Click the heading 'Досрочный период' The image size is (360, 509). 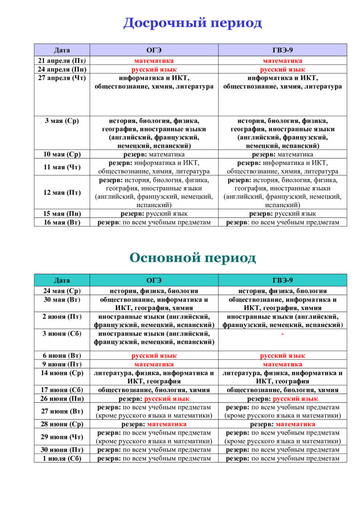tap(192, 23)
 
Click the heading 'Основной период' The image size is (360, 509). tap(192, 257)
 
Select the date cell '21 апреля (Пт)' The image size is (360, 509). tap(62, 61)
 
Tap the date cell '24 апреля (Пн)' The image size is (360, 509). tap(62, 70)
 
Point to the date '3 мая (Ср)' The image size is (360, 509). tap(62, 120)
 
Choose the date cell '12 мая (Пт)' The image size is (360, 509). tap(62, 192)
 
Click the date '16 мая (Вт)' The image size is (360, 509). tap(62, 222)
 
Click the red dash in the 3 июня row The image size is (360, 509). tap(282, 334)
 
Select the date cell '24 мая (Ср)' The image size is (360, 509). tap(62, 291)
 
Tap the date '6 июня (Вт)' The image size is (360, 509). tap(62, 356)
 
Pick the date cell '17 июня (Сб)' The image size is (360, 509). tap(62, 390)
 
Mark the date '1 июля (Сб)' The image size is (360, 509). tap(62, 458)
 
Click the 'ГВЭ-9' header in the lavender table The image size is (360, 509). tap(282, 50)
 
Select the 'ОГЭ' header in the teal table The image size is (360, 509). tap(154, 280)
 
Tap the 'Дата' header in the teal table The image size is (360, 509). tap(62, 280)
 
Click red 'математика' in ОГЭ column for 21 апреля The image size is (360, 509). tap(154, 61)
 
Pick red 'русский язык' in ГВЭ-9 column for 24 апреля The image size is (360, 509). tap(282, 70)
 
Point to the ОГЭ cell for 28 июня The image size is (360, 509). tap(154, 424)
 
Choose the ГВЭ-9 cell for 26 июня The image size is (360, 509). tap(282, 399)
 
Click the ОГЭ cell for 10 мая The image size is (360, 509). tap(154, 154)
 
